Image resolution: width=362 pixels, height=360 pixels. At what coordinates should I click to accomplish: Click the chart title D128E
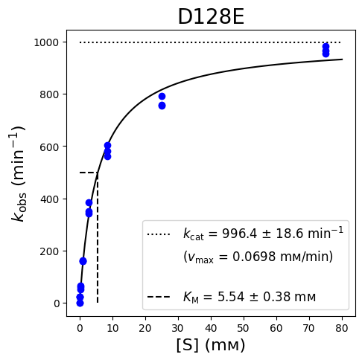(x=211, y=17)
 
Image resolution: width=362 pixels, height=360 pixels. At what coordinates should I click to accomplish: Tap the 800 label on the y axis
(x=49, y=94)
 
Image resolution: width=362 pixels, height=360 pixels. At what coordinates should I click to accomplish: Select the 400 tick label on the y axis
(x=49, y=199)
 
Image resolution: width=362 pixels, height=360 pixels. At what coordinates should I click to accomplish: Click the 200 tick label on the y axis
(x=49, y=251)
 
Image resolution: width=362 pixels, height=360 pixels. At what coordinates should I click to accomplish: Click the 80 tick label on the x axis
(x=342, y=328)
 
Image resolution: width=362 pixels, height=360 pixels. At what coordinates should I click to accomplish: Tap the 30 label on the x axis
(x=178, y=328)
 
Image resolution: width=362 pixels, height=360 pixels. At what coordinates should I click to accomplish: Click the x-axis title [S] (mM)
(x=211, y=345)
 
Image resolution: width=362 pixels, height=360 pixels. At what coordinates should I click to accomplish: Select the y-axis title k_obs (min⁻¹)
(x=19, y=174)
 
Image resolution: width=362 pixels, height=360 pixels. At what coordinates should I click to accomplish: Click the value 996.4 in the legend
(x=239, y=234)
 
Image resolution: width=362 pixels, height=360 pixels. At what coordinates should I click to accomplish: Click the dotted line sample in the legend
(x=159, y=234)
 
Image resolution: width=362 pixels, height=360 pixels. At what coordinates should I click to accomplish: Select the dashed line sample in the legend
(x=159, y=297)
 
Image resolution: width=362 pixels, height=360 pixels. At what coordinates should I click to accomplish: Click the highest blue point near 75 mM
(x=326, y=47)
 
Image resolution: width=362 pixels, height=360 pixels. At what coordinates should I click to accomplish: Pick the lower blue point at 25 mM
(x=162, y=106)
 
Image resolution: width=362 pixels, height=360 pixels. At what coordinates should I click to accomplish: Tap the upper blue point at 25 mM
(x=162, y=97)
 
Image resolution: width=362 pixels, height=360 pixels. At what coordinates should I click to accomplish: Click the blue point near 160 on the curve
(x=83, y=261)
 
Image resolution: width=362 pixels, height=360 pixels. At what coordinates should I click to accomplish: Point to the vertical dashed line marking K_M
(x=98, y=237)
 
